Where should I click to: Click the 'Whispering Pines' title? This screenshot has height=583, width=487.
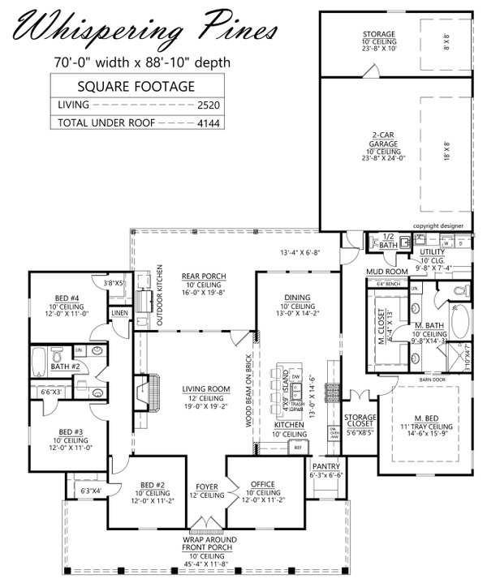[x=142, y=30]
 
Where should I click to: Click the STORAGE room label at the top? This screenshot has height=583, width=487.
[x=378, y=34]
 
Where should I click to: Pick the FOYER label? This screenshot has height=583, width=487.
[x=208, y=486]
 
